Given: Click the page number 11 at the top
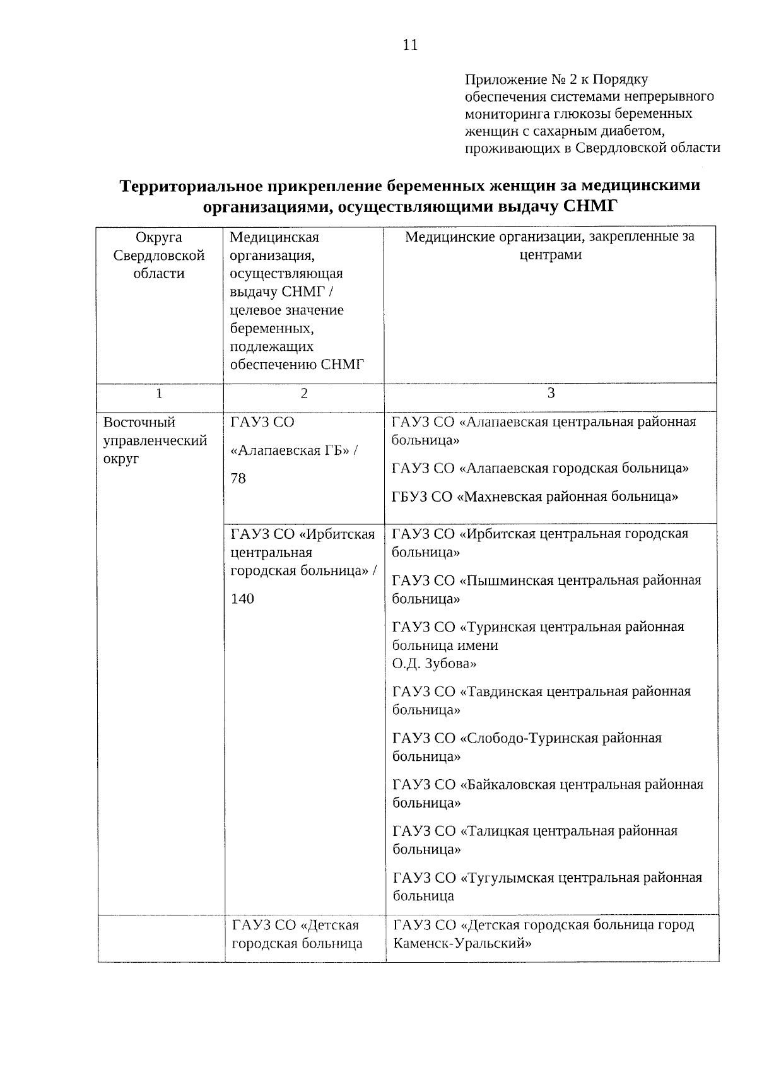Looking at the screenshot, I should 409,45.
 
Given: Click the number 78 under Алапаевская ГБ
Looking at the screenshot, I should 238,478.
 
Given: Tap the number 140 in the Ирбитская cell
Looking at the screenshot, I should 242,598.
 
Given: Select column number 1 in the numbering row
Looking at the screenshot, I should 159,393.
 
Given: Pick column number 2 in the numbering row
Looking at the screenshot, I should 304,393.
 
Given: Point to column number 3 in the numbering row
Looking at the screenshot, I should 551,393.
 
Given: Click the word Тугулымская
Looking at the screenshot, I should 506,878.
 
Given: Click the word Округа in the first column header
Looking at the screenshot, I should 159,237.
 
